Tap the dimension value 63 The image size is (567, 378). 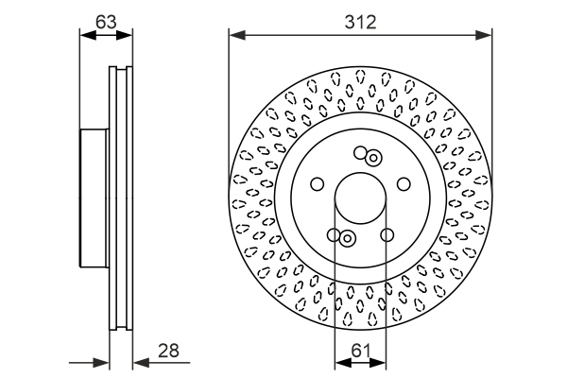point(106,20)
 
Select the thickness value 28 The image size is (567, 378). point(168,351)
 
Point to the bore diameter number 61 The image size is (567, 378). point(359,351)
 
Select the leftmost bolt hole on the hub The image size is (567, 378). point(317,184)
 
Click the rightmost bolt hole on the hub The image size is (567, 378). point(404,184)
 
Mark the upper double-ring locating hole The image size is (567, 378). point(373,158)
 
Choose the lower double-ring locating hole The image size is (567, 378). point(347,238)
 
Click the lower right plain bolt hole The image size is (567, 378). point(387,235)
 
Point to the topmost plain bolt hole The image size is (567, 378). point(360,153)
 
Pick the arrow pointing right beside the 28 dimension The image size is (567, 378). point(102,363)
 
